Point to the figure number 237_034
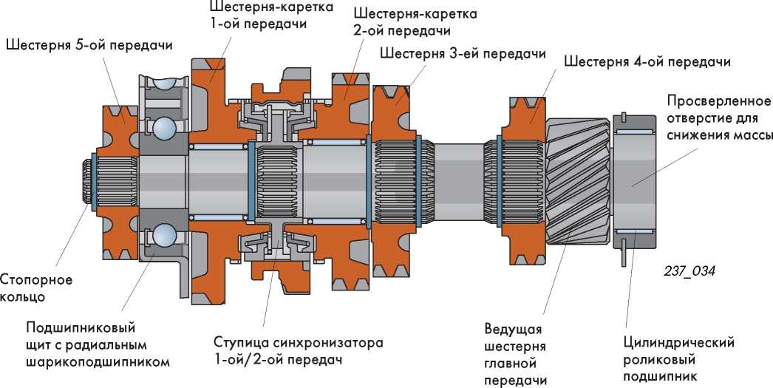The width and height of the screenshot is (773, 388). (689, 270)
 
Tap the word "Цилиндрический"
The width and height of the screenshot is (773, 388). (678, 343)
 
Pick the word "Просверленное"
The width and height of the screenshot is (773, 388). (717, 101)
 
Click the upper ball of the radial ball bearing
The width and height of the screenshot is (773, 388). (164, 127)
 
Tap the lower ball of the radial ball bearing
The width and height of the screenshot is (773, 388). (164, 236)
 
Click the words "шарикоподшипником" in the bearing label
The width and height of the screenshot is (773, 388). (98, 362)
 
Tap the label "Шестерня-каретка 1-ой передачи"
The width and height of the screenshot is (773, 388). (271, 16)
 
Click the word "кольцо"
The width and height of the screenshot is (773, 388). (23, 297)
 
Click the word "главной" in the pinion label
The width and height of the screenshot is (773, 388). (508, 364)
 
